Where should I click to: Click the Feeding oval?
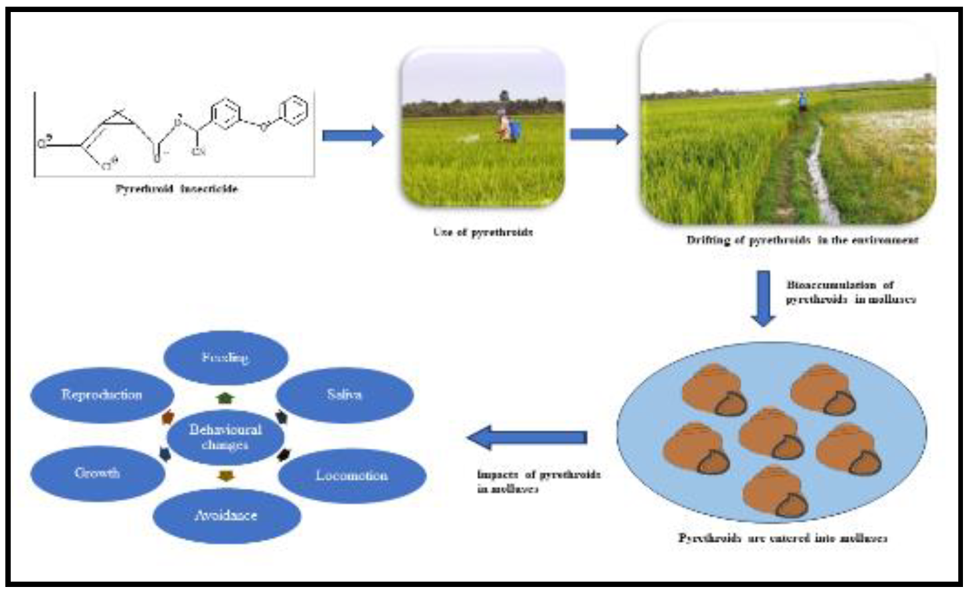click(226, 358)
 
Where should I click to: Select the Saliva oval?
click(344, 394)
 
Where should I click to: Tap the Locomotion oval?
click(351, 475)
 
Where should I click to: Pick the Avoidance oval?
click(226, 515)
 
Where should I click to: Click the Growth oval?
click(98, 473)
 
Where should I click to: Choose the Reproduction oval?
click(102, 394)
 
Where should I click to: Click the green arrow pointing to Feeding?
click(226, 398)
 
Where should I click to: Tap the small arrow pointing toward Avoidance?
click(226, 476)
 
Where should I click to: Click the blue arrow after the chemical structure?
click(353, 136)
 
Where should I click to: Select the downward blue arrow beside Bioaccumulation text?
click(762, 298)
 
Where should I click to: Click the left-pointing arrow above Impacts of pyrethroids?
click(527, 438)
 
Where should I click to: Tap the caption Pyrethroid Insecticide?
click(177, 189)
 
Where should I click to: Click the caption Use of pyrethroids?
click(482, 232)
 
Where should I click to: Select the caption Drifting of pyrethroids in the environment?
click(802, 239)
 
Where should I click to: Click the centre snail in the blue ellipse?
click(771, 435)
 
